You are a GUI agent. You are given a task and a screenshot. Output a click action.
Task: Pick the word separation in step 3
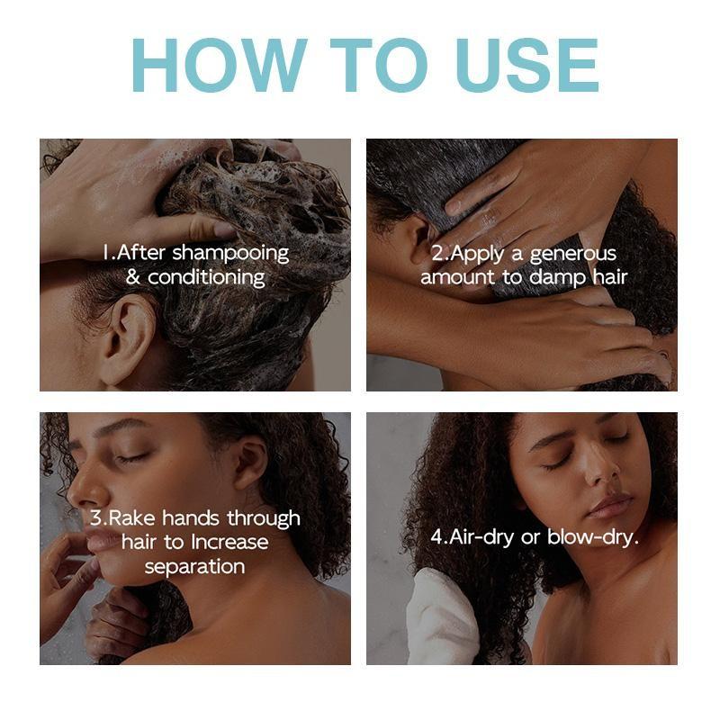point(194,567)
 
